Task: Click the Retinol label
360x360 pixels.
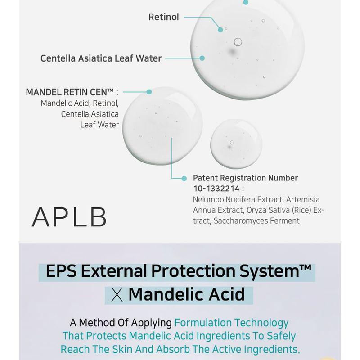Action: pos(164,17)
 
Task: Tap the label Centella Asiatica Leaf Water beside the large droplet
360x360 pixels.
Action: pos(101,58)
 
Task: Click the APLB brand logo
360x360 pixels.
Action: pos(70,217)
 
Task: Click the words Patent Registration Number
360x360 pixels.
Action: pos(245,178)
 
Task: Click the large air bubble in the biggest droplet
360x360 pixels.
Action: pos(238,42)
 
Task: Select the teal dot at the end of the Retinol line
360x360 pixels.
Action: pos(220,30)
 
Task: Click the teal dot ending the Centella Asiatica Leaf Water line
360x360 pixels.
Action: pos(202,58)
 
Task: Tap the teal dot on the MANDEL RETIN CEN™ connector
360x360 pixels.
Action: pos(149,91)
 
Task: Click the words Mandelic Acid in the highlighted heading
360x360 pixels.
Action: pos(186,294)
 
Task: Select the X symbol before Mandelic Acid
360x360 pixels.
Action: pos(117,295)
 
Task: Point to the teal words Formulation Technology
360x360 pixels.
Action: pos(231,323)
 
